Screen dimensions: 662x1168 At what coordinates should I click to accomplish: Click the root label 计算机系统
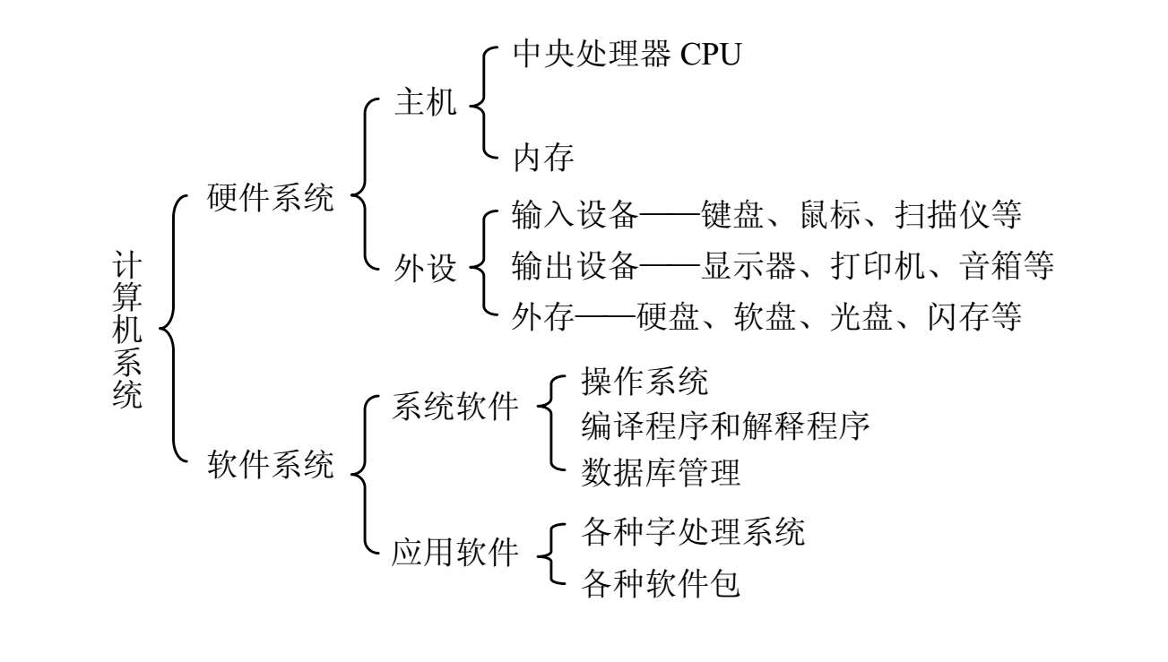(x=128, y=330)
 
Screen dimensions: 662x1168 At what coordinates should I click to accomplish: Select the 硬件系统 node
(x=270, y=197)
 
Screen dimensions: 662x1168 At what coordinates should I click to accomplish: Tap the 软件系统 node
(x=270, y=464)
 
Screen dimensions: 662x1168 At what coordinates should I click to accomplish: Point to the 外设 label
(x=425, y=267)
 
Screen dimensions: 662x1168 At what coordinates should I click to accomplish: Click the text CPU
(x=711, y=56)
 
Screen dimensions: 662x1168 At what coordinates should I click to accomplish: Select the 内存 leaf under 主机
(x=543, y=159)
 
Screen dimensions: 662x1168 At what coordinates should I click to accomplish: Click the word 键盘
(x=733, y=215)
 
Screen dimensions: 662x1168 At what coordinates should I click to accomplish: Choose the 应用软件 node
(x=455, y=553)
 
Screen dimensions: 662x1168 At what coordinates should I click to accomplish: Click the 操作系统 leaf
(x=645, y=382)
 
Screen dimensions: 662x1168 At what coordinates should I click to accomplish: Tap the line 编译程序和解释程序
(x=725, y=426)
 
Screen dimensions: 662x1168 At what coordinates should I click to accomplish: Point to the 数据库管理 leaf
(x=661, y=471)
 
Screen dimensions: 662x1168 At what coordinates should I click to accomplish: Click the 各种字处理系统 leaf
(x=693, y=531)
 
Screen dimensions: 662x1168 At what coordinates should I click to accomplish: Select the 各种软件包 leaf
(x=661, y=583)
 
